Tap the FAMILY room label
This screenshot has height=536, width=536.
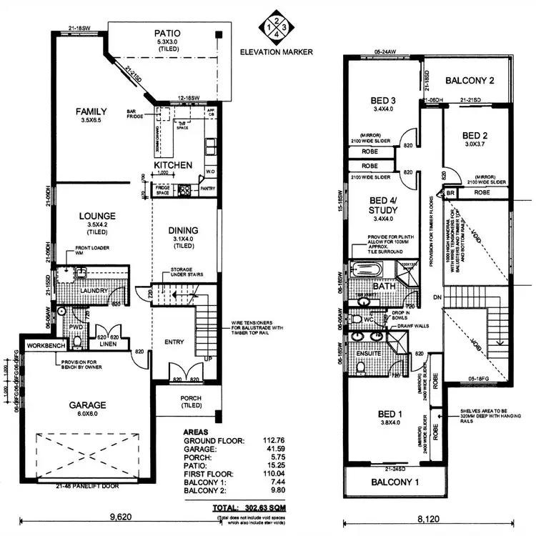(x=91, y=111)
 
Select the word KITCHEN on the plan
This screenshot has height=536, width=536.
(x=173, y=165)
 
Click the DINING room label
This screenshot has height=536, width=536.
(x=183, y=230)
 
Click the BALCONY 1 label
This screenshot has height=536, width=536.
(x=395, y=483)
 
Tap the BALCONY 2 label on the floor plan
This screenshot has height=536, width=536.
(x=471, y=81)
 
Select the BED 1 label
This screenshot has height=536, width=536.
(x=392, y=413)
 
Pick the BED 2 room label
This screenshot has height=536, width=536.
(x=475, y=135)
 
